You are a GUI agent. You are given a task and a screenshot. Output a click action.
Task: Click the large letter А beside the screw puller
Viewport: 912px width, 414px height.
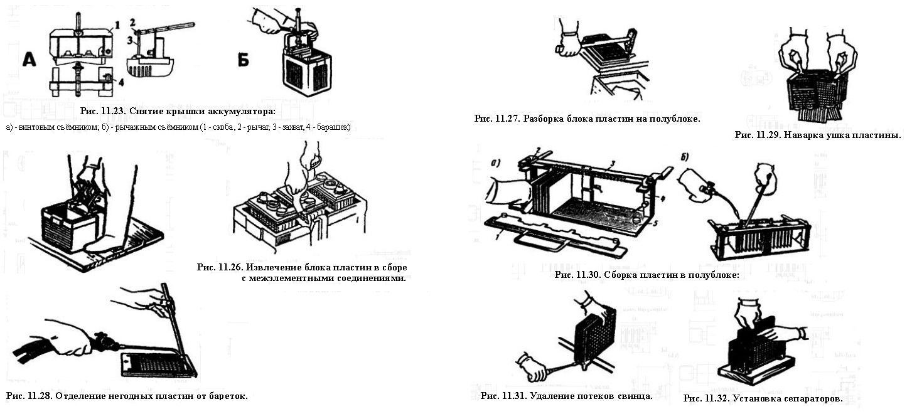tap(31, 61)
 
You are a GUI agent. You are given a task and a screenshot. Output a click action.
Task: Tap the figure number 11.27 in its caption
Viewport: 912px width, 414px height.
tap(508, 118)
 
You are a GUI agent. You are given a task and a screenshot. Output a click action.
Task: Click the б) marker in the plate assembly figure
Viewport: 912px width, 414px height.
tap(685, 155)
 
